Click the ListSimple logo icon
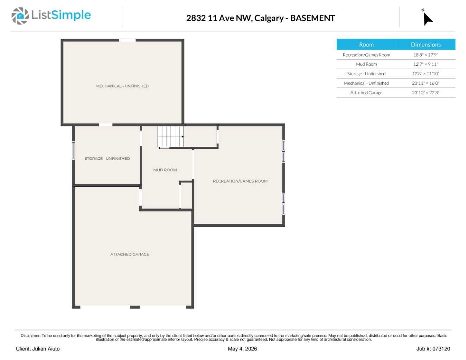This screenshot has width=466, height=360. [x=20, y=16]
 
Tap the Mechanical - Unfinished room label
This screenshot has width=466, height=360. [x=122, y=86]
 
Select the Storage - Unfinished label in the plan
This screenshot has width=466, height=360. [x=107, y=159]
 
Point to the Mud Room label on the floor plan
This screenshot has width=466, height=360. [x=165, y=170]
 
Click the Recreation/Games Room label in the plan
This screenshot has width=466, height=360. [x=240, y=181]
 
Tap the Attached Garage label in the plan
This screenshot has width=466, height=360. [x=129, y=254]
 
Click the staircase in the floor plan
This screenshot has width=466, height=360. [x=171, y=137]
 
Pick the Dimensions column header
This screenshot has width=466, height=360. [x=426, y=45]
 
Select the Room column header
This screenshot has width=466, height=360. [x=366, y=45]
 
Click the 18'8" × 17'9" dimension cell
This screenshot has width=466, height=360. [x=426, y=55]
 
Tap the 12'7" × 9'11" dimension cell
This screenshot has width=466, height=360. [x=426, y=64]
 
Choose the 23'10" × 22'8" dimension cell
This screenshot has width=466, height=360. [x=426, y=93]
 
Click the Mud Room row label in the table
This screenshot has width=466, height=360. [x=366, y=64]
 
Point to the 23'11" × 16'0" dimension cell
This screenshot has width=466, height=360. [x=426, y=83]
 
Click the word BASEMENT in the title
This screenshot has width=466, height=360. [x=312, y=18]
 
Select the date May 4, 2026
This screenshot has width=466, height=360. [x=242, y=349]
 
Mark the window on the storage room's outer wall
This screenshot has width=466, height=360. [x=74, y=150]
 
